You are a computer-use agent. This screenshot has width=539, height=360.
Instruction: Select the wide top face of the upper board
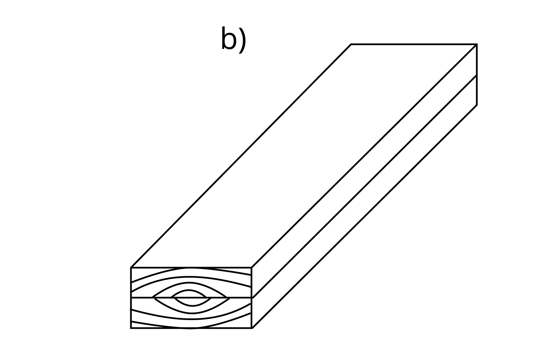[304, 156]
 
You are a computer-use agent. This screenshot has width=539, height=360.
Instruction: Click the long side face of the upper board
[364, 171]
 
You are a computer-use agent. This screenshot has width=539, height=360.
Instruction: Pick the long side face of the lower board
[364, 201]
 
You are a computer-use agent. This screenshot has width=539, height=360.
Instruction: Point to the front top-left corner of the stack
[131, 268]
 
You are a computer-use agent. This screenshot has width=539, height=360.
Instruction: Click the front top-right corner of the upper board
[252, 268]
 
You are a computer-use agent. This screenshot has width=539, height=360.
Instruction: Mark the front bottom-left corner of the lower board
[131, 328]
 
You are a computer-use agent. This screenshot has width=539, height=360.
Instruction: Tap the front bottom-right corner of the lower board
[252, 328]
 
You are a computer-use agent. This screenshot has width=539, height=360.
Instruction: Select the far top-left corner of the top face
[351, 44]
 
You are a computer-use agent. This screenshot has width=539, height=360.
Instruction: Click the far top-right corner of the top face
[477, 44]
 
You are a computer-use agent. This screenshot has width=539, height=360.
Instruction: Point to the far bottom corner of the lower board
[477, 105]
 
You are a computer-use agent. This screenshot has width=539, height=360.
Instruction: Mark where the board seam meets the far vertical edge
[477, 75]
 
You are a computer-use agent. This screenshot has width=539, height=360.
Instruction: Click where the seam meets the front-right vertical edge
[252, 298]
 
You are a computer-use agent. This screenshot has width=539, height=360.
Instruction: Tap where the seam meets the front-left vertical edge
[131, 298]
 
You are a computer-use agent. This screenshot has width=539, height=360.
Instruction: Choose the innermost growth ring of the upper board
[189, 293]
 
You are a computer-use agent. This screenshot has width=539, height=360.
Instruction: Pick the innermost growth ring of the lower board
[192, 302]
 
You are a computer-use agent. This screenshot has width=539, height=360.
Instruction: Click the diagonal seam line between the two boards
[364, 186]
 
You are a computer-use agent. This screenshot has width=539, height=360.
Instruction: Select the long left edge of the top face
[241, 156]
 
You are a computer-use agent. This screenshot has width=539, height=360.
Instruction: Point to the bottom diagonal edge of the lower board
[364, 217]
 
